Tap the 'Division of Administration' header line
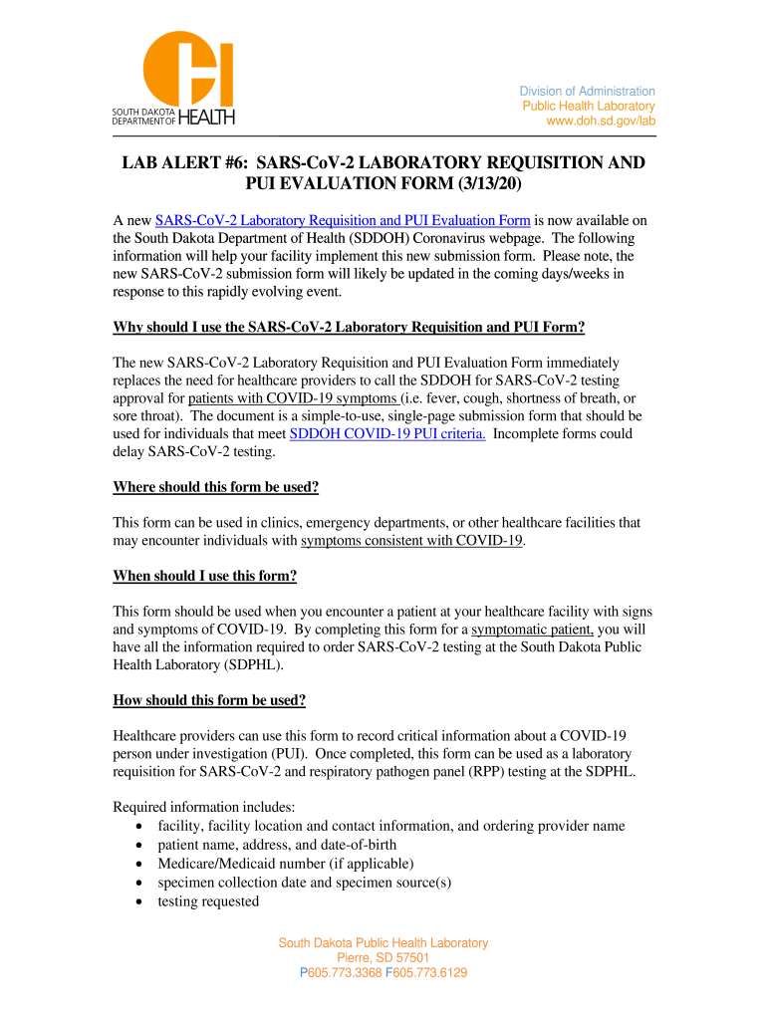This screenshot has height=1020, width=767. (x=587, y=92)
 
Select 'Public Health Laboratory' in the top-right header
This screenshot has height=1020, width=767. (x=589, y=107)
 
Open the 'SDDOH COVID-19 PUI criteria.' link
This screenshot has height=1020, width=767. (x=387, y=433)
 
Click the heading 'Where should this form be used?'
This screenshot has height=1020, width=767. (x=216, y=487)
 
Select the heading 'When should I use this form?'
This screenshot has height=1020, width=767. (x=205, y=576)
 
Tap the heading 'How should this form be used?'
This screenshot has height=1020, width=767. (x=209, y=700)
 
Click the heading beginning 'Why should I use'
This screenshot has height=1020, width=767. (x=349, y=328)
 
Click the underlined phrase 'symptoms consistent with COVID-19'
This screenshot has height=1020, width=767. (x=412, y=541)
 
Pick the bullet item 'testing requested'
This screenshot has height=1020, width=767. (x=208, y=901)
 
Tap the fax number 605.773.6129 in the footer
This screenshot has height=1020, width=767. (x=430, y=973)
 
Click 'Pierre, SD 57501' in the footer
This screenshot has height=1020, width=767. (x=383, y=958)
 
